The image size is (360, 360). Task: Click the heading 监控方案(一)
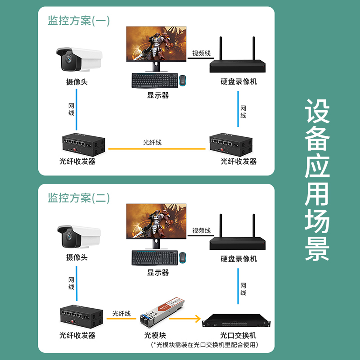(x=79, y=21)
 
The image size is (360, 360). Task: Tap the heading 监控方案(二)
(x=79, y=198)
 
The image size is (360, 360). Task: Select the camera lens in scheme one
(x=69, y=59)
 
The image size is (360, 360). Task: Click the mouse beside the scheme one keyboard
(x=183, y=81)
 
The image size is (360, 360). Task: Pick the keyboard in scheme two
(x=155, y=258)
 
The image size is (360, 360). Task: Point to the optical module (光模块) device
(x=162, y=312)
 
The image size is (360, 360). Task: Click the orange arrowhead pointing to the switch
(x=198, y=319)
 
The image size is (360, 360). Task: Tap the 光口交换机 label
(x=238, y=335)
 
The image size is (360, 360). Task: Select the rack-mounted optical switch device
(x=236, y=321)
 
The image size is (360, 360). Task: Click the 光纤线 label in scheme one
(x=152, y=142)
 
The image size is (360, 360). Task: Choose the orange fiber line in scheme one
(x=157, y=149)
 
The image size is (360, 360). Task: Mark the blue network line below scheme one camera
(x=76, y=109)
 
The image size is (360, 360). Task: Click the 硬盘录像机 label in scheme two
(x=239, y=259)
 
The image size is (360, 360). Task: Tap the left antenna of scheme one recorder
(x=220, y=48)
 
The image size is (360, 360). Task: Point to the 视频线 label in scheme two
(x=201, y=230)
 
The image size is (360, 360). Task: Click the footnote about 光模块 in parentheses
(x=204, y=345)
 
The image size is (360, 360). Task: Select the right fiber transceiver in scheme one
(x=231, y=144)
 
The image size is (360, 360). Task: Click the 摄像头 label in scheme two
(x=77, y=257)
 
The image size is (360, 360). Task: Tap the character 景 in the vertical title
(x=317, y=249)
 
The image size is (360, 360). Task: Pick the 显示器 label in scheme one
(x=158, y=95)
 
